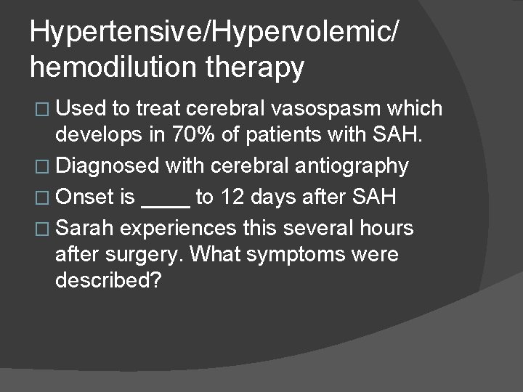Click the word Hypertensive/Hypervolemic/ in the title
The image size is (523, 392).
[x=214, y=33]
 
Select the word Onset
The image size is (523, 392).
[x=84, y=197]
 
